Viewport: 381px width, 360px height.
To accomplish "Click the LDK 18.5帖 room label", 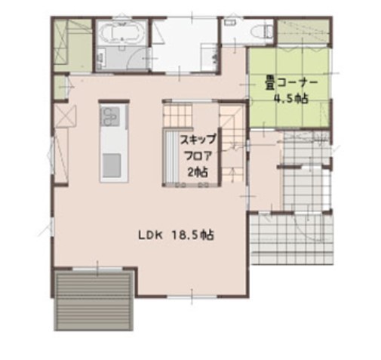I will coord(176,235).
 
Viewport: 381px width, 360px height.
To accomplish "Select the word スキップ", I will coord(198,139).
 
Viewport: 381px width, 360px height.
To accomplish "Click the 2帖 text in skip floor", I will coord(198,171).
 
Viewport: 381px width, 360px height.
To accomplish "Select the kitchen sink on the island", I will coord(111,164).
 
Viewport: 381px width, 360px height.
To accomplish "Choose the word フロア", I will coord(198,155).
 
